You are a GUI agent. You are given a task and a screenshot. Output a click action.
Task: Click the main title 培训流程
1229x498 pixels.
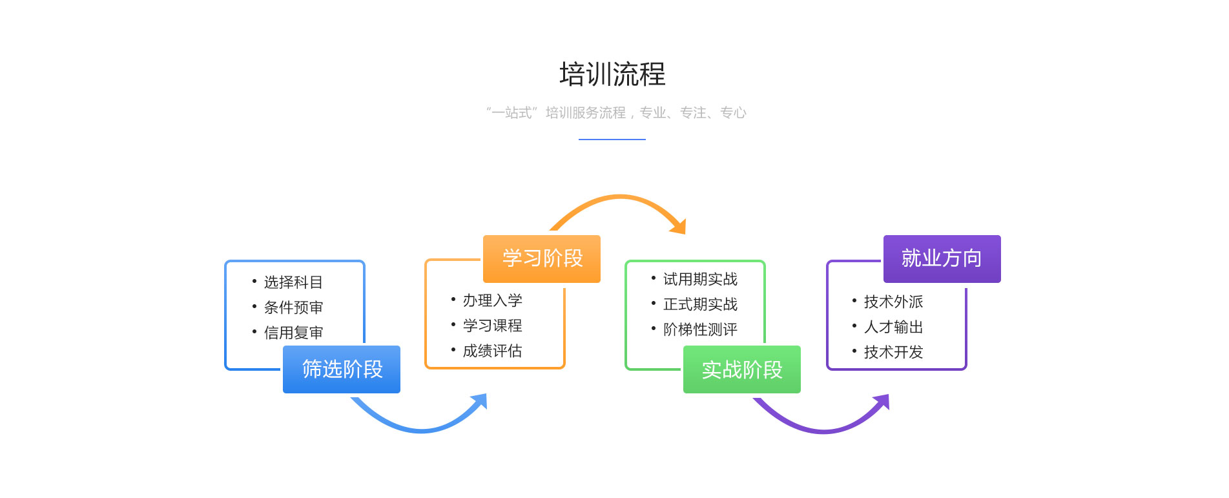tap(612, 74)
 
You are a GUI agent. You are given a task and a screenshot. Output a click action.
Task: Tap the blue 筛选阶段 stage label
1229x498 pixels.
tap(342, 369)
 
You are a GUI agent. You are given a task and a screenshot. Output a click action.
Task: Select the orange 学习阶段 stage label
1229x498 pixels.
tap(542, 258)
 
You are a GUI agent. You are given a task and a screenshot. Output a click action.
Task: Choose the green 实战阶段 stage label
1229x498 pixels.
tap(742, 369)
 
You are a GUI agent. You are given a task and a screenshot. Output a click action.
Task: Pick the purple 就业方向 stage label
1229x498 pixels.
tap(942, 258)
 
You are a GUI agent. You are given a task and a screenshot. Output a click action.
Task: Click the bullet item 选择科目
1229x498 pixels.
tap(293, 282)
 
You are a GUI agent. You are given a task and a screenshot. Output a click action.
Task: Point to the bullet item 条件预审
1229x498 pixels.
tap(293, 307)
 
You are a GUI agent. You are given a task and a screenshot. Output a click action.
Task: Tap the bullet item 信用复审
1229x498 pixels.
tap(293, 333)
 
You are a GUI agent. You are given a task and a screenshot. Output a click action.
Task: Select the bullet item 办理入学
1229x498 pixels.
tap(493, 300)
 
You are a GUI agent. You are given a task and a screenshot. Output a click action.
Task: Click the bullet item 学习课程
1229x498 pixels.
tap(493, 326)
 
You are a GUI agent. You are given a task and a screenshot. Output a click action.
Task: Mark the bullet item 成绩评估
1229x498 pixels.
tap(493, 351)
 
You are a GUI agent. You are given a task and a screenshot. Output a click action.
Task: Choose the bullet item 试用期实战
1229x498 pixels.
tap(700, 279)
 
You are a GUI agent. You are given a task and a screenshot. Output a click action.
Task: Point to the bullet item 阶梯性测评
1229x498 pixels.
tap(700, 329)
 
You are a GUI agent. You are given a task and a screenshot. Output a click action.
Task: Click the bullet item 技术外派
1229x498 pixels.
tap(894, 302)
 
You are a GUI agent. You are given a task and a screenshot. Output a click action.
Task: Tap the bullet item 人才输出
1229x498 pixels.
tap(894, 327)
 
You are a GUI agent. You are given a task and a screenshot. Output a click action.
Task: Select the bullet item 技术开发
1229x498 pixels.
tap(894, 352)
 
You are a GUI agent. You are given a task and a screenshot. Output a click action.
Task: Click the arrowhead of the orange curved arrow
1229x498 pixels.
tap(679, 227)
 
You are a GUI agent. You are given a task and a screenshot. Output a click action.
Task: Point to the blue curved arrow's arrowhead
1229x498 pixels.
tap(480, 401)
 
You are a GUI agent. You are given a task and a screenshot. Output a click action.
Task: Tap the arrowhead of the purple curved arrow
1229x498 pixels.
tap(882, 402)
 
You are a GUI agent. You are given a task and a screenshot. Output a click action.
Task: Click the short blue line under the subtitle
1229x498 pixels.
tap(612, 139)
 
